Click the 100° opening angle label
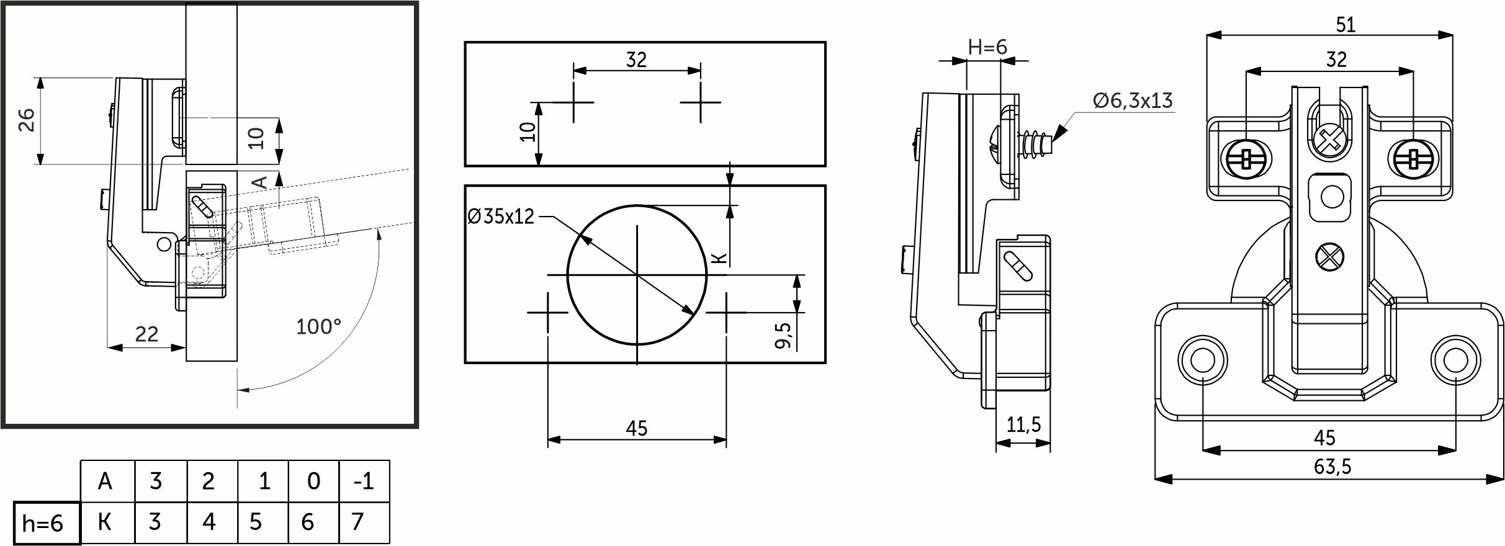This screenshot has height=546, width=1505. (x=318, y=326)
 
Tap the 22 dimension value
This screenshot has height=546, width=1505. (x=146, y=334)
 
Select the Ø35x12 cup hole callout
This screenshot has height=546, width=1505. (x=500, y=217)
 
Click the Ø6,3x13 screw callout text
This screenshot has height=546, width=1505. (x=1133, y=101)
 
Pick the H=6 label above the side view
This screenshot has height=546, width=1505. (x=987, y=47)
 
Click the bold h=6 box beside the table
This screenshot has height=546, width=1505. (x=47, y=523)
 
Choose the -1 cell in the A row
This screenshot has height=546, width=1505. (x=364, y=481)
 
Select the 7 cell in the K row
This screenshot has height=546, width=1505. (x=364, y=522)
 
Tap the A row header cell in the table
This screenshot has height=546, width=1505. (x=107, y=481)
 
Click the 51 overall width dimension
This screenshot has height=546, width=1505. (x=1345, y=25)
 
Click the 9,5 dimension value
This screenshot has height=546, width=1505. (x=784, y=335)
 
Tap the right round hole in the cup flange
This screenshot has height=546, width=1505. (x=1454, y=359)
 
